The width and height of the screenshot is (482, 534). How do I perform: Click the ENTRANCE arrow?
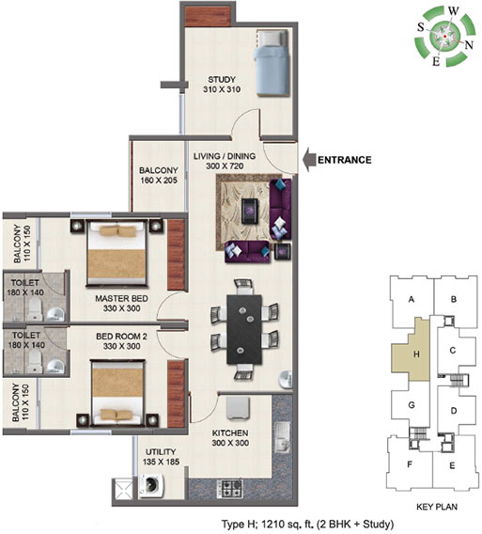[x=309, y=160]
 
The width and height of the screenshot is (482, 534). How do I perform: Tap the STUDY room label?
[x=222, y=80]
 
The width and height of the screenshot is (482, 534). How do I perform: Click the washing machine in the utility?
[x=152, y=486]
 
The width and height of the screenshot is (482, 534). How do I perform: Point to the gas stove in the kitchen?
[x=230, y=489]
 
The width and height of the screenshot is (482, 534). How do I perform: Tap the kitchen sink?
[x=283, y=437]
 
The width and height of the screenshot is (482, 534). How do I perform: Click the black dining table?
[x=244, y=329]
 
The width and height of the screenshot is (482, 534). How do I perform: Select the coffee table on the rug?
[x=250, y=212]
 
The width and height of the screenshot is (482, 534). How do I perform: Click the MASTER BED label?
[x=121, y=299]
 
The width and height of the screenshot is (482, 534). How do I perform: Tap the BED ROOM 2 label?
[x=121, y=337]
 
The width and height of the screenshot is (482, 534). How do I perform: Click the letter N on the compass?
[x=469, y=44]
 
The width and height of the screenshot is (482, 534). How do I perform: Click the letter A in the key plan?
[x=412, y=299]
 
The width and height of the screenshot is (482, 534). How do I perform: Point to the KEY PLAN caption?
[x=437, y=507]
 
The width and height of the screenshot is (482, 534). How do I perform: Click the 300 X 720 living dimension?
[x=225, y=166]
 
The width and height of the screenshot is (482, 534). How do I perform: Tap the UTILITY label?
[x=161, y=452]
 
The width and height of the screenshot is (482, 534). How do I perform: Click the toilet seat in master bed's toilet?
[x=35, y=309]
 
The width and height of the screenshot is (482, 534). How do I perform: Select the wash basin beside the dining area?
[x=286, y=379]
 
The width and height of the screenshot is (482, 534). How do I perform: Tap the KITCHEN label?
[x=230, y=433]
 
